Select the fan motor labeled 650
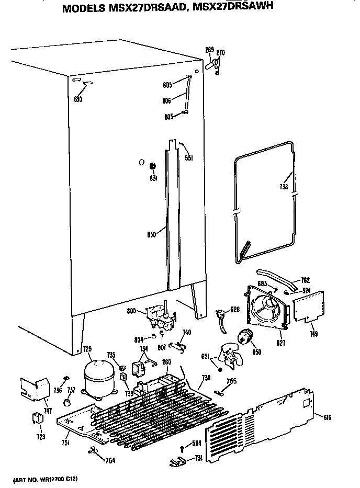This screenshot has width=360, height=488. (x=244, y=339)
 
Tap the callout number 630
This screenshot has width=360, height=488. (x=78, y=98)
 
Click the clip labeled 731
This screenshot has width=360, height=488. (x=179, y=460)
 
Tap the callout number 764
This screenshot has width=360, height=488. (x=110, y=460)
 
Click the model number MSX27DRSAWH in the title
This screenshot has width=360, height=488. (x=228, y=8)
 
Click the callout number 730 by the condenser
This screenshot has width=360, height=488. (x=206, y=378)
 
